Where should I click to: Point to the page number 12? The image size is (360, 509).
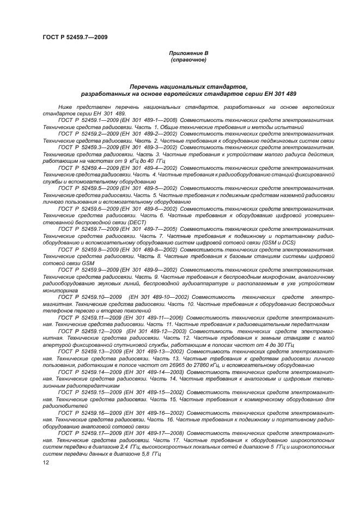pyautogui.click(x=46, y=462)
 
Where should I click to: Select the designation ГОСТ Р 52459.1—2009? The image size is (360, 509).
pyautogui.click(x=86, y=118)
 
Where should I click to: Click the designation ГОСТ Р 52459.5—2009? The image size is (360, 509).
pyautogui.click(x=86, y=187)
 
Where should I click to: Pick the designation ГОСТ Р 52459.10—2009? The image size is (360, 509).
pyautogui.click(x=88, y=297)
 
